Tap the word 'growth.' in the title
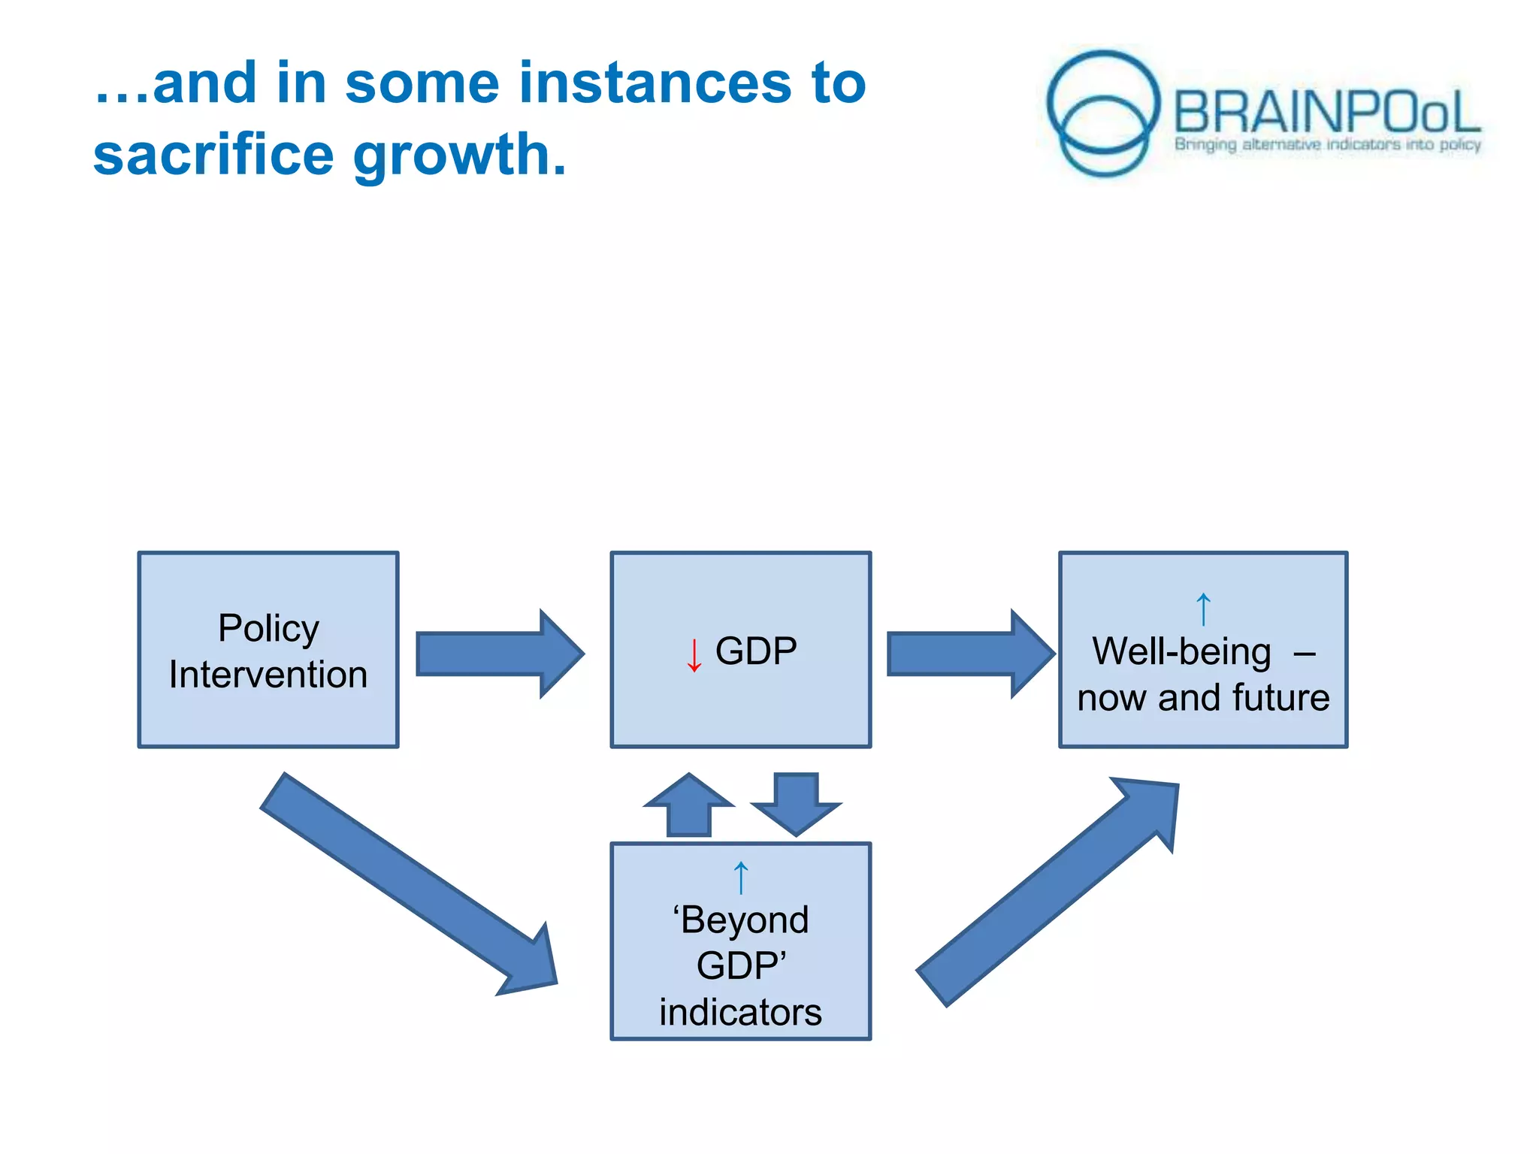459,156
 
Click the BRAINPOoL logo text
1326,113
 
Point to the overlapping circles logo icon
1103,113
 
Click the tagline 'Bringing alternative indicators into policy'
1327,144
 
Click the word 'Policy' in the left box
268,628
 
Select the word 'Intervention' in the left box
268,675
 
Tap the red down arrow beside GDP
694,654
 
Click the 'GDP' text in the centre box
756,651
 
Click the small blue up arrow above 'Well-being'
1203,609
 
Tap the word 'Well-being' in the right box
1181,651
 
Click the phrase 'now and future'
1203,698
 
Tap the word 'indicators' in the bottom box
740,1012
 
